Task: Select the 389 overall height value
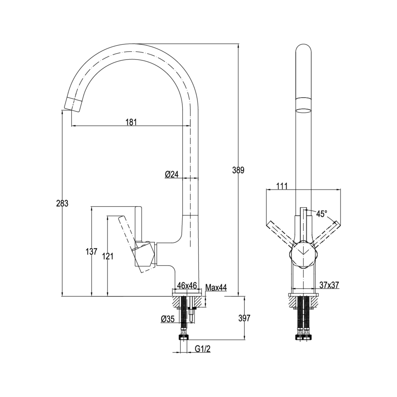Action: [238, 170]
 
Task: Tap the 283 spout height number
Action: [62, 203]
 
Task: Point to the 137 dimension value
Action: [92, 251]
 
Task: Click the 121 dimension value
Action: [107, 256]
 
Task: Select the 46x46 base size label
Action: [187, 285]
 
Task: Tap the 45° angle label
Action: [322, 214]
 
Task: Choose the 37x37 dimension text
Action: [329, 285]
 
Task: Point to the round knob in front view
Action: [304, 253]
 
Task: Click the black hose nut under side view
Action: [184, 337]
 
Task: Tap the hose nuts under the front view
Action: [304, 337]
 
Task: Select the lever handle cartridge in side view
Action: [144, 254]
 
